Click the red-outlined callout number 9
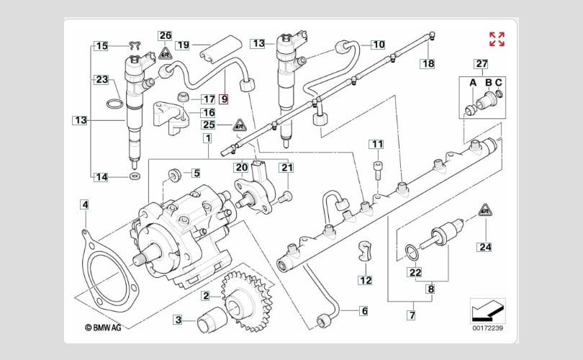pos(224,99)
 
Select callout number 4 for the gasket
pos(85,205)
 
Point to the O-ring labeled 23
pos(115,104)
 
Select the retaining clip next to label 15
pos(135,46)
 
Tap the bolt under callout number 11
pos(377,171)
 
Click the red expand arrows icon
pos(497,39)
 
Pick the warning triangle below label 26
pos(165,53)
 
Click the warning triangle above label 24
pos(485,210)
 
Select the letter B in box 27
pos(489,83)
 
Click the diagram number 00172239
pos(488,328)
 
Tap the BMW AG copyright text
pos(103,328)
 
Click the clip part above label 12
pos(365,251)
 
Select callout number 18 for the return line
pos(428,63)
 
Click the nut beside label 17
pos(183,96)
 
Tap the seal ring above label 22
pos(412,253)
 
